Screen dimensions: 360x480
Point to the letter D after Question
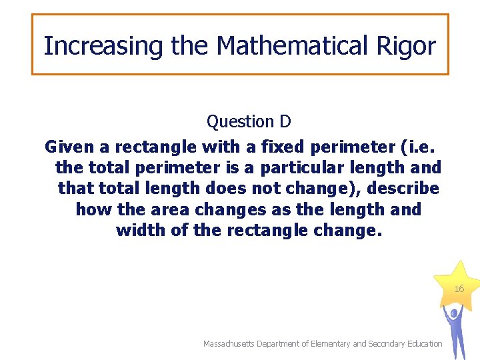[x=285, y=121]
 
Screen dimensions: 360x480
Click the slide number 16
[x=459, y=289]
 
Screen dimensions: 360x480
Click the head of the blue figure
[x=454, y=312]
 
